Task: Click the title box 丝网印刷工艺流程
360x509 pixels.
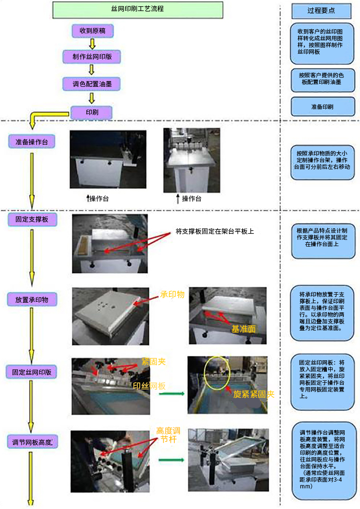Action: pos(137,9)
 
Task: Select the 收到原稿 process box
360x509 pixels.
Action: pos(92,32)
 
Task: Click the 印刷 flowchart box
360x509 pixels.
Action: pos(92,113)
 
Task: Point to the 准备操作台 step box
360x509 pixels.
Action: pos(32,142)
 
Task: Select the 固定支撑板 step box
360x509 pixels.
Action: pos(32,219)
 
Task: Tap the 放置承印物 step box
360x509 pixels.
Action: pos(32,300)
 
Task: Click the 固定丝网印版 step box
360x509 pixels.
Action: pos(32,372)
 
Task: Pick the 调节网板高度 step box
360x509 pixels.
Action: pos(32,442)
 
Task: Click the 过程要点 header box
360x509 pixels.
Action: pos(321,10)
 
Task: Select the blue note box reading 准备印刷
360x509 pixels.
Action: pos(321,107)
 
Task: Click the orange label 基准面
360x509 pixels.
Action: pos(243,330)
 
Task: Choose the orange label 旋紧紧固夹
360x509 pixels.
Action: pos(254,394)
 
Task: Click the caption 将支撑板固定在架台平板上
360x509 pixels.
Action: pos(215,231)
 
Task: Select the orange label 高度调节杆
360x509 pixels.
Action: pos(168,434)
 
